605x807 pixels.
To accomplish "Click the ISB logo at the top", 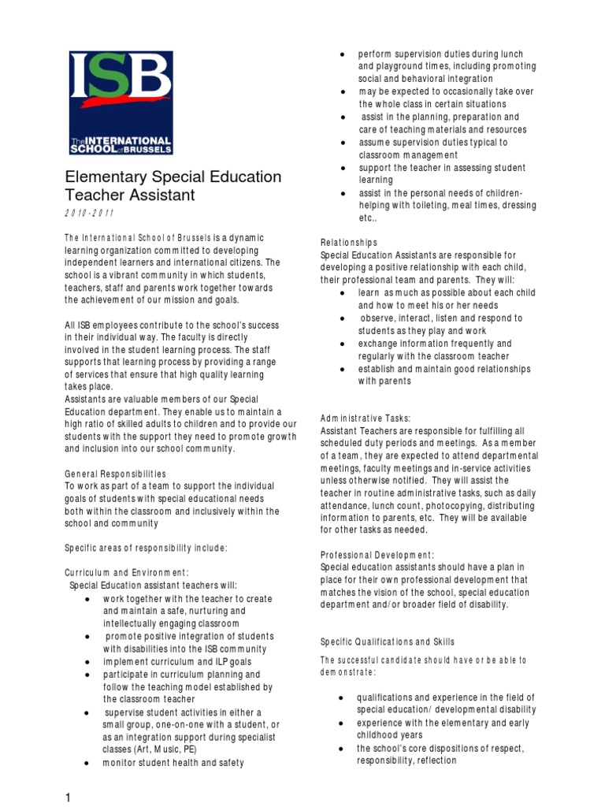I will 121,102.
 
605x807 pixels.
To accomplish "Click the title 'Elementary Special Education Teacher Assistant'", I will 172,185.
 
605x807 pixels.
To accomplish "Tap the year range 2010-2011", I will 90,214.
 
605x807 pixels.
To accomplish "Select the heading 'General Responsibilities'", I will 115,474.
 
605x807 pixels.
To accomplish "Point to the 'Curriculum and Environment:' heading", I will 126,572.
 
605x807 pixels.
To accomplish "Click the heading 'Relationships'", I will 349,243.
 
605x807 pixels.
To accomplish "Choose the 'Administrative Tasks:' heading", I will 366,418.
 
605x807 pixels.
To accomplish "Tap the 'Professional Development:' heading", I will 377,555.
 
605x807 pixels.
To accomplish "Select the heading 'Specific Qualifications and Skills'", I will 388,642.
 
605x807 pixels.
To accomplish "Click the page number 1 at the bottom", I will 69,798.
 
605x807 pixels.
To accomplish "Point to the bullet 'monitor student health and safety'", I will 173,763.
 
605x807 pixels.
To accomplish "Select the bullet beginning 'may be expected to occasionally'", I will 446,98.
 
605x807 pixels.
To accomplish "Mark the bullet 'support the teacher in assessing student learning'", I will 441,174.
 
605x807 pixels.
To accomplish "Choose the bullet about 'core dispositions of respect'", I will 440,755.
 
